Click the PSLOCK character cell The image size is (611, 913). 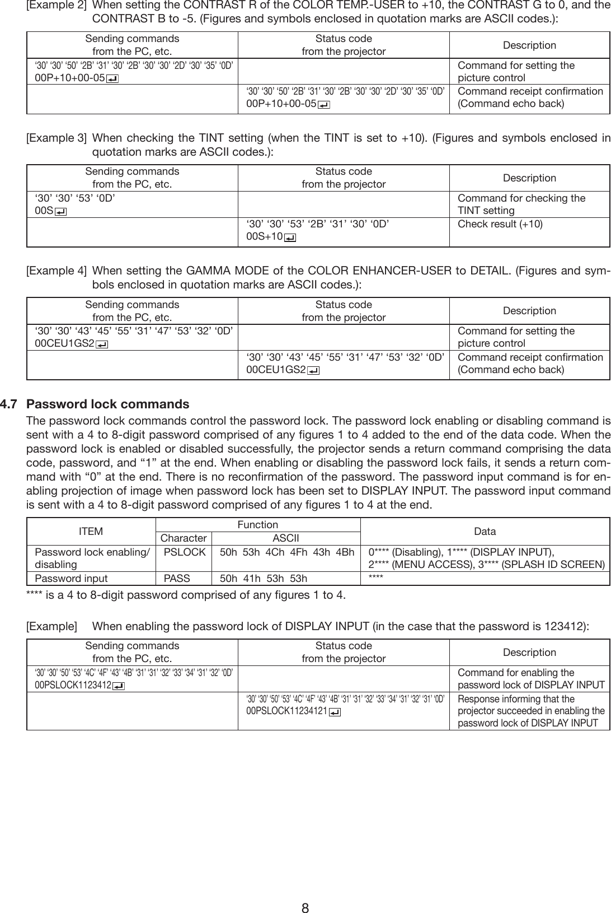[184, 552]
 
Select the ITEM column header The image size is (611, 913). [91, 532]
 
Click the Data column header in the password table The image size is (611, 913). [485, 532]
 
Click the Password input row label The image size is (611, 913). [71, 578]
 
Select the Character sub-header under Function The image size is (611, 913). [184, 538]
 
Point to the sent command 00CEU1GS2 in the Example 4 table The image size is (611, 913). [64, 343]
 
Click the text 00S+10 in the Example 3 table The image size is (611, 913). [264, 237]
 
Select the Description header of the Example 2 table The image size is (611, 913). [529, 45]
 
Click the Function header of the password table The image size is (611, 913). [257, 525]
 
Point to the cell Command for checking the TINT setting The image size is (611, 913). [521, 204]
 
